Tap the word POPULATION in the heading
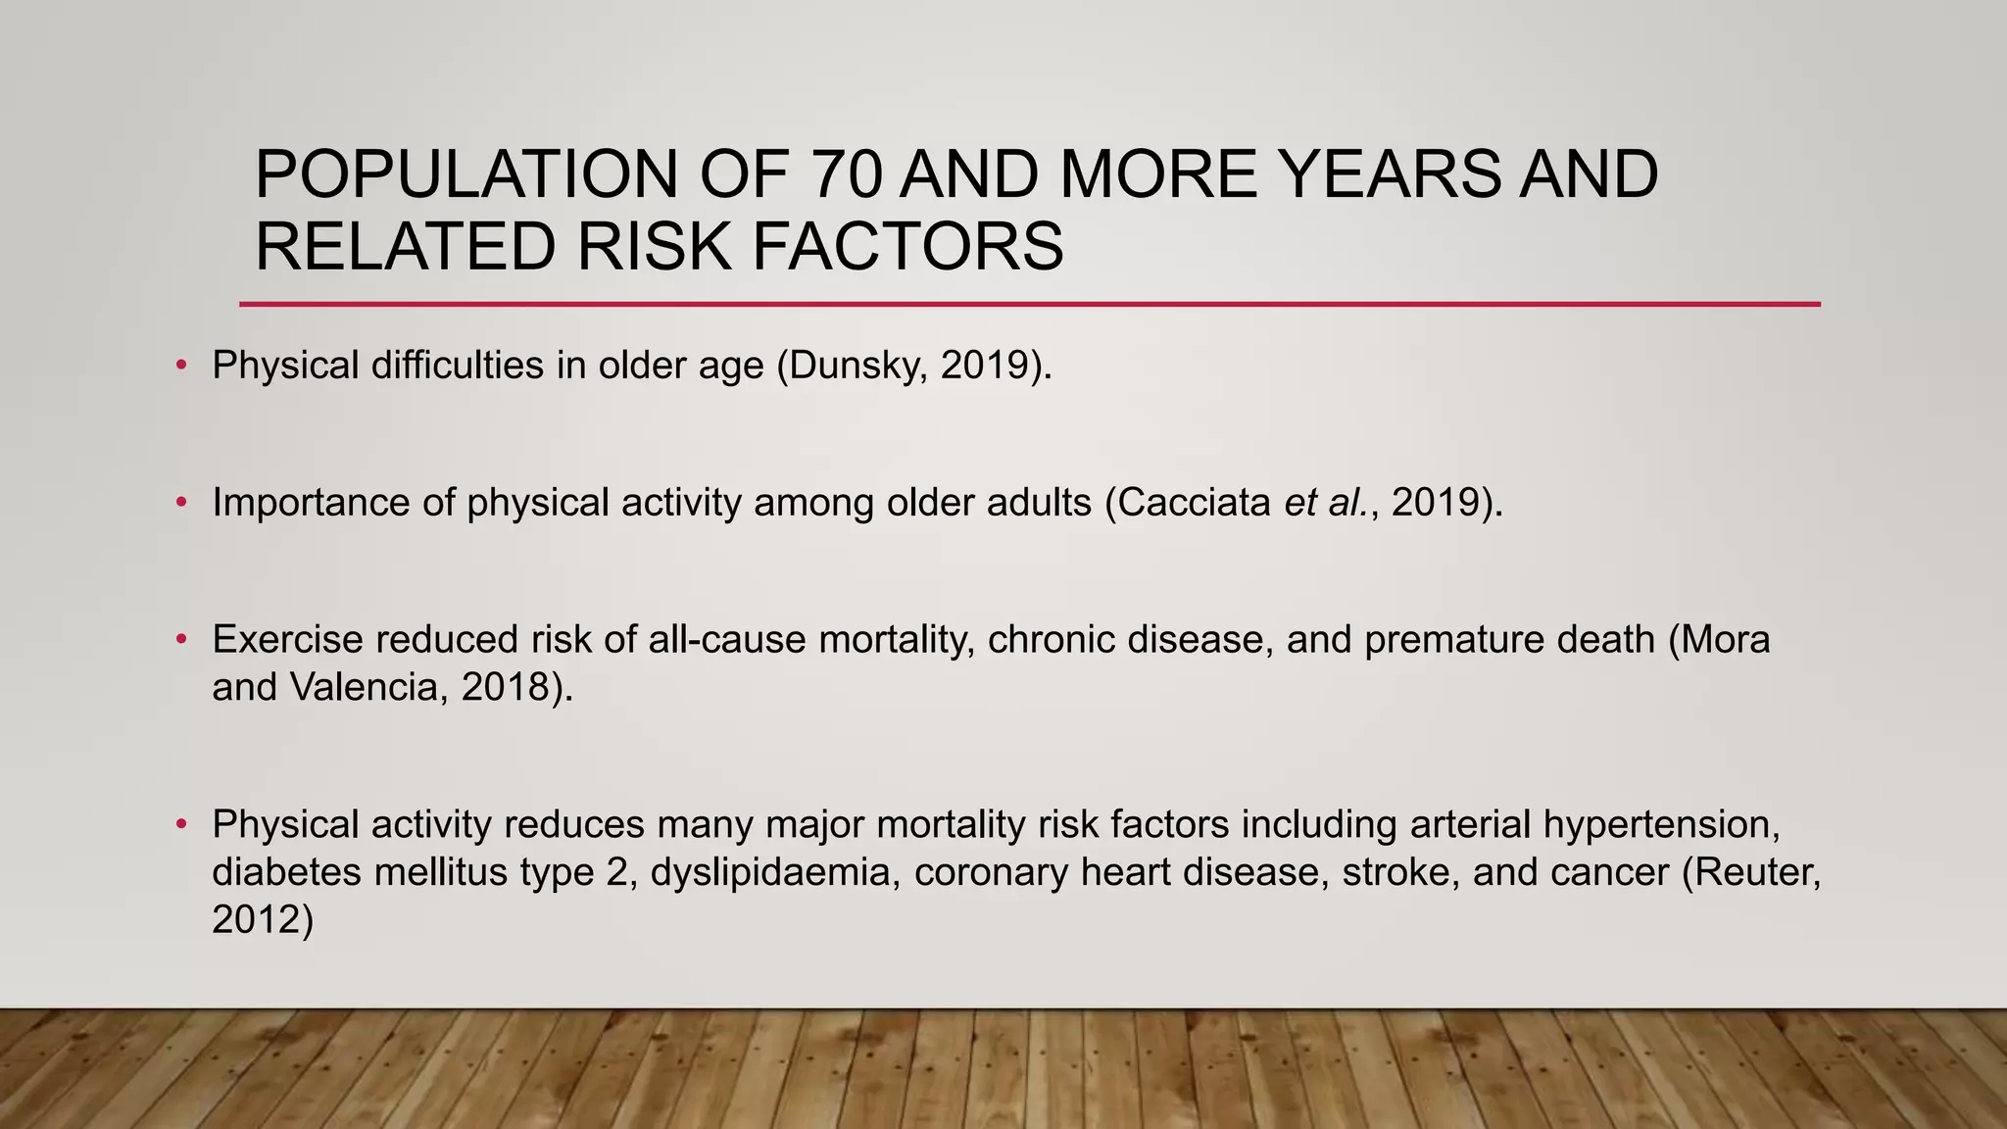point(466,173)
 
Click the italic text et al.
point(1326,503)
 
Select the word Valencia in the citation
point(369,688)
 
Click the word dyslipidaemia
point(775,872)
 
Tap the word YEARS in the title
point(1390,173)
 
